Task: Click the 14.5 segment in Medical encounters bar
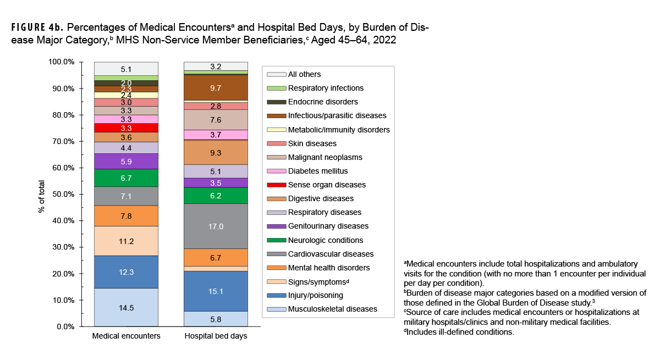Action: (126, 307)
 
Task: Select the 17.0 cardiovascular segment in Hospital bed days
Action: (215, 226)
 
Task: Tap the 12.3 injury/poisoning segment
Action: (126, 272)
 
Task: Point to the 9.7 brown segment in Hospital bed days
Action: (215, 87)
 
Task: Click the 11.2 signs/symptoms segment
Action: (126, 241)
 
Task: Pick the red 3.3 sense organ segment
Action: (126, 128)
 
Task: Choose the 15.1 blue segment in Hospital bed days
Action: (215, 291)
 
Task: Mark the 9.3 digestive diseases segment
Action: (215, 152)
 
